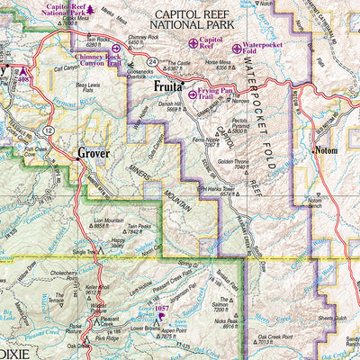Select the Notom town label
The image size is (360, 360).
tap(325, 151)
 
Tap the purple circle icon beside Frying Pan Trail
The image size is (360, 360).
tap(192, 94)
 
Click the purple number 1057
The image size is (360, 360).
tap(161, 309)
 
